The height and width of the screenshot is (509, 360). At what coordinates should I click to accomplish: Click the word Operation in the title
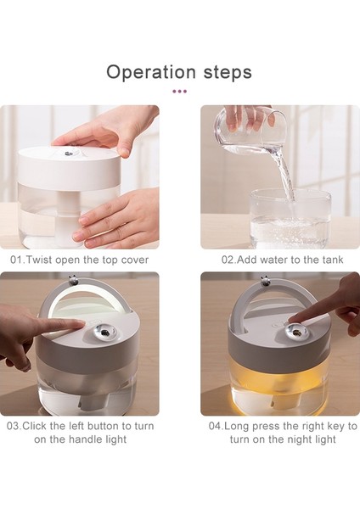click(151, 73)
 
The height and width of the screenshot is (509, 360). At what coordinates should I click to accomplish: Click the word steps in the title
click(228, 72)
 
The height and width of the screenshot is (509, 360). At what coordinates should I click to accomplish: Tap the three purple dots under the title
click(180, 92)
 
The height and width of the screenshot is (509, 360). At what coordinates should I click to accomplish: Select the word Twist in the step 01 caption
click(39, 260)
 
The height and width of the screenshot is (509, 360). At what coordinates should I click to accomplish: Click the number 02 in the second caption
click(228, 260)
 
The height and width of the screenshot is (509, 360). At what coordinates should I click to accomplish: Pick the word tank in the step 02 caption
click(333, 260)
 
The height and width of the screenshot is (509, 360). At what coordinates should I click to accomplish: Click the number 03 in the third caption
click(13, 426)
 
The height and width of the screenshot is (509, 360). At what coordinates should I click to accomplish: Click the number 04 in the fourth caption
click(215, 426)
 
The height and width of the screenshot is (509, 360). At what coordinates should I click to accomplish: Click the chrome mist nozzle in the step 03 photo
click(104, 332)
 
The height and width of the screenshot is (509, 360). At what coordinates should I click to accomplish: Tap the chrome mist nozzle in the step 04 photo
click(296, 332)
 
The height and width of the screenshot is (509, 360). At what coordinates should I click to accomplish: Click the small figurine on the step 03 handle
click(73, 280)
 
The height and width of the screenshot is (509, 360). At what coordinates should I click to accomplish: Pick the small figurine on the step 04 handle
click(266, 281)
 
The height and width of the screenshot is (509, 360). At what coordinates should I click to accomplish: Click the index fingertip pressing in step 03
click(81, 324)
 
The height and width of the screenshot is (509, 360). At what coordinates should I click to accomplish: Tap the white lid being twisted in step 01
click(70, 169)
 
